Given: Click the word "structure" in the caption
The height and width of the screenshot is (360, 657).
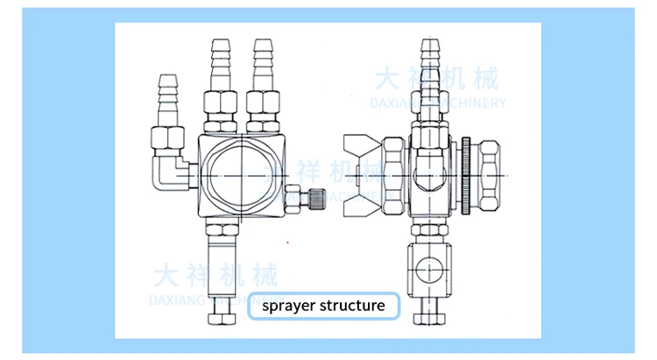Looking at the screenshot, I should click(x=350, y=306).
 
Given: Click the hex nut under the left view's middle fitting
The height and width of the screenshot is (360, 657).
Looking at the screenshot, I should click(x=216, y=106).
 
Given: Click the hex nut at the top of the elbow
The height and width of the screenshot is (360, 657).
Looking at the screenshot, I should click(x=166, y=138).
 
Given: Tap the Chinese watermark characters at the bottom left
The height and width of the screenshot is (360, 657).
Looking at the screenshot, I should click(x=215, y=277).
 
